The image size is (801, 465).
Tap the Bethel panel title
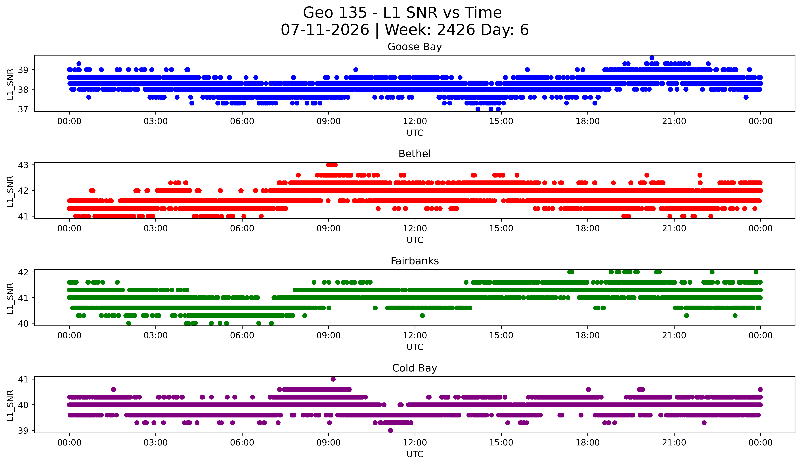[x=415, y=154]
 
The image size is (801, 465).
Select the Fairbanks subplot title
[x=415, y=261]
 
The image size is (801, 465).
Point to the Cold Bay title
[x=415, y=368]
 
